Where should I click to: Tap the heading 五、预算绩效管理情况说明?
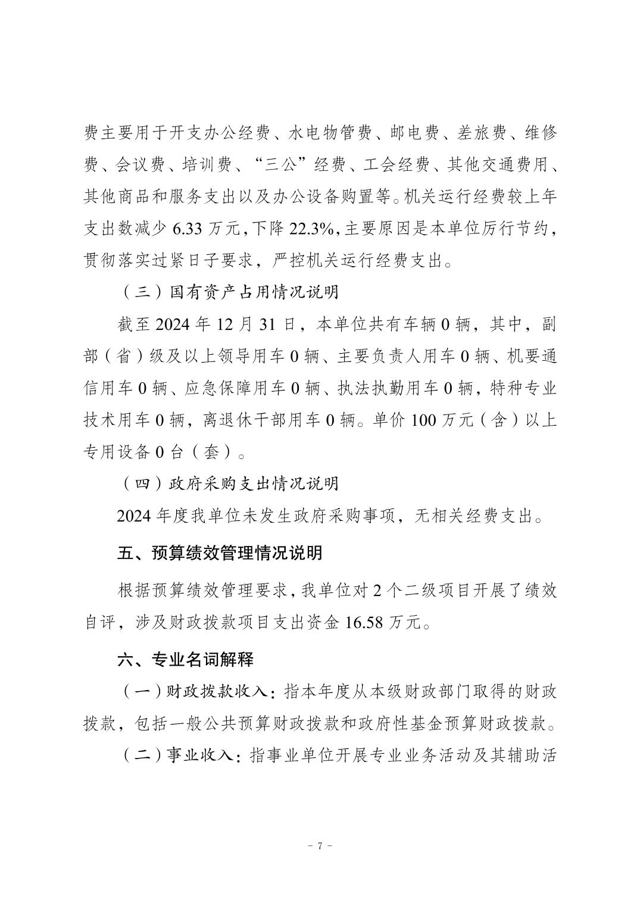click(220, 553)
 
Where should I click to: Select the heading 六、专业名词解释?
click(186, 660)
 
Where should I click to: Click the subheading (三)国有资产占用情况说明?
click(229, 294)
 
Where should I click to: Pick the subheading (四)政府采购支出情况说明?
click(229, 483)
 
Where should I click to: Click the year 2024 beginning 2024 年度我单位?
click(134, 516)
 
